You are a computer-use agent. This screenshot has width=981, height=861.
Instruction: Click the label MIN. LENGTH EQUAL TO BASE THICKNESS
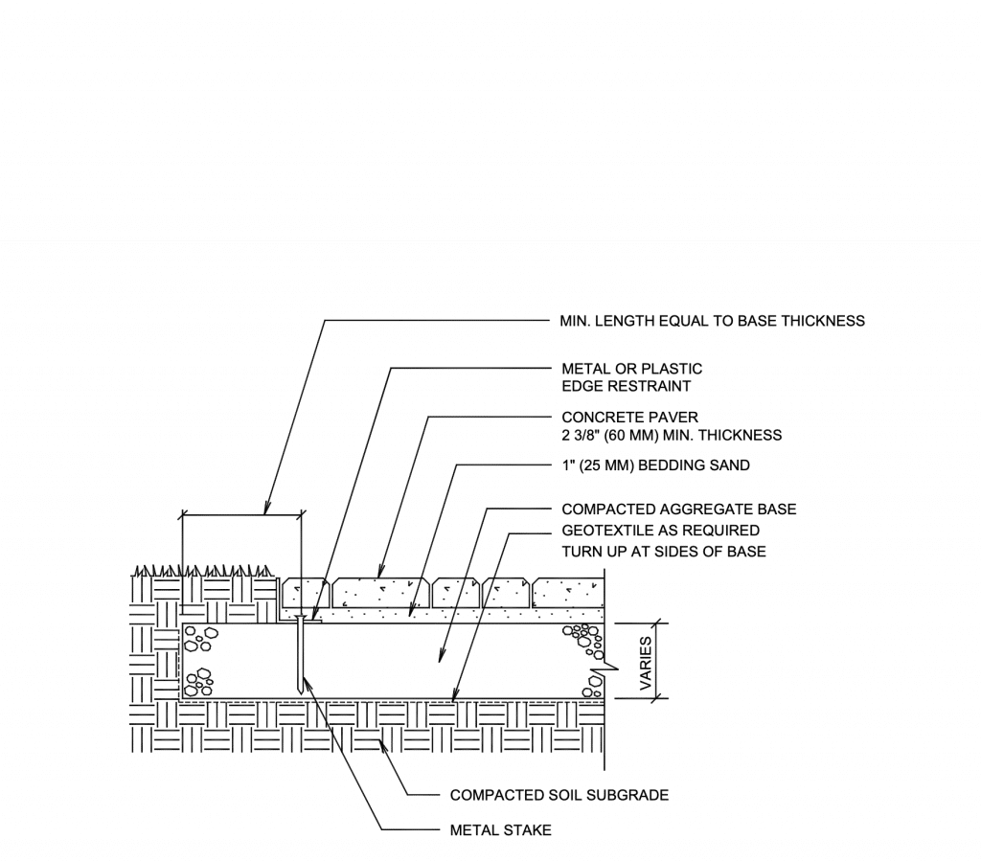coord(712,321)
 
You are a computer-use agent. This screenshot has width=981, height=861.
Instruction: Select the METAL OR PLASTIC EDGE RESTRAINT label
coord(632,377)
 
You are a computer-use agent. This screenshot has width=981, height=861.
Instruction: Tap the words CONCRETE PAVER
coord(629,417)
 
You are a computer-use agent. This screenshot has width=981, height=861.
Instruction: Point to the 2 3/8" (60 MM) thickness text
coord(672,435)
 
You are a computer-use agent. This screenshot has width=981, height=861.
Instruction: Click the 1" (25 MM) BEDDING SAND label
coord(655,465)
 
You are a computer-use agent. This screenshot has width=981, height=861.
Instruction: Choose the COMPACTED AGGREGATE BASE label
coord(679,510)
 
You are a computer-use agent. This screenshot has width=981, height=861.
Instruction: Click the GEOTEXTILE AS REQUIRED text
coord(660,531)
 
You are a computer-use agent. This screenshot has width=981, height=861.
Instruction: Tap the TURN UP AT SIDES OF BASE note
coord(663,552)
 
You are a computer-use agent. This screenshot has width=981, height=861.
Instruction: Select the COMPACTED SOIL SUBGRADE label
coord(559,795)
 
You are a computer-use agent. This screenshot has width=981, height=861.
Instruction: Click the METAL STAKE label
coord(500,830)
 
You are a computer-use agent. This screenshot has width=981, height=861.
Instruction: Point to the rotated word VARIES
coord(646,664)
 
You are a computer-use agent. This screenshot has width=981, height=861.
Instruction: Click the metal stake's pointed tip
coord(301,692)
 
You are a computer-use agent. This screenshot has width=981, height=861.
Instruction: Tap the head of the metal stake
coord(301,618)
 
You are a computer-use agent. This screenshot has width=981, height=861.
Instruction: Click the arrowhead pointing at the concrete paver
coord(379,572)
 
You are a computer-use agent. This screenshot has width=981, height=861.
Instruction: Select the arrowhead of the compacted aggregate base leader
coord(441,655)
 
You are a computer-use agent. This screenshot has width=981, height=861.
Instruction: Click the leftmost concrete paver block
coord(306,593)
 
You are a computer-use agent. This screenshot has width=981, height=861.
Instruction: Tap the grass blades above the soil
coord(203,571)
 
